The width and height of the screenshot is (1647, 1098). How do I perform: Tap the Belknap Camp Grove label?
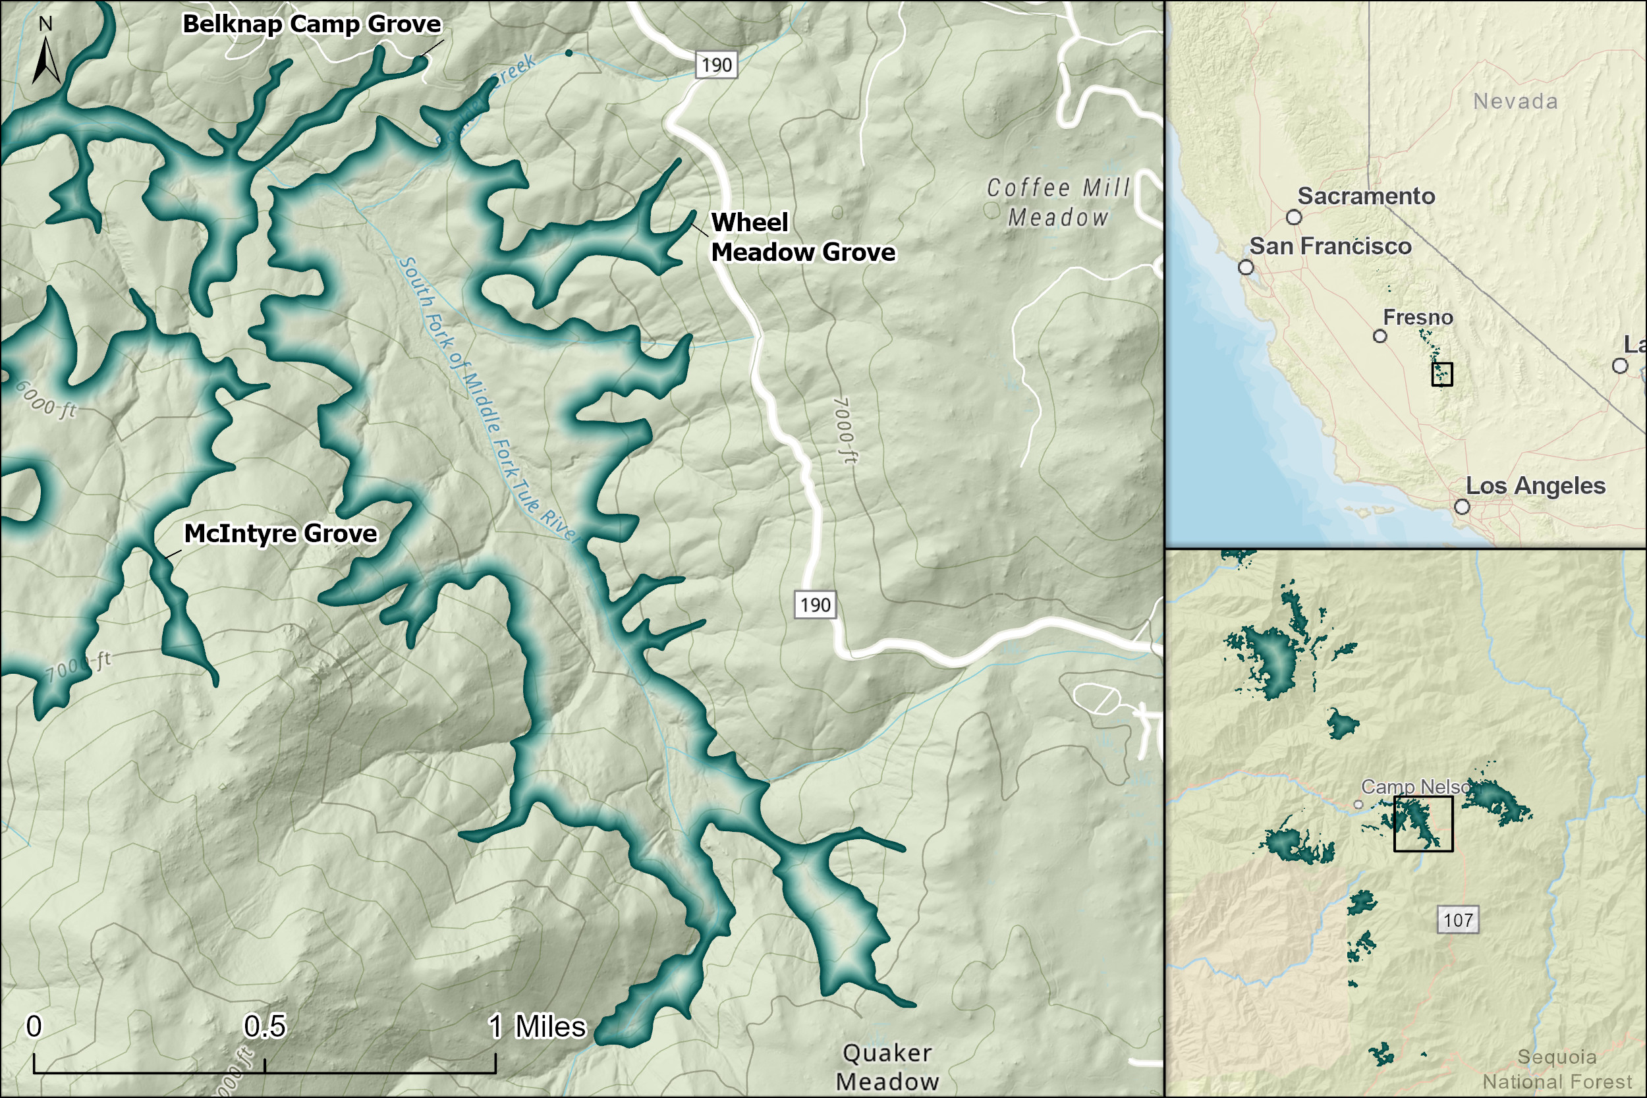pyautogui.click(x=312, y=24)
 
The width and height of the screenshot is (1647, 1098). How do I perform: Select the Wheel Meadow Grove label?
pyautogui.click(x=802, y=237)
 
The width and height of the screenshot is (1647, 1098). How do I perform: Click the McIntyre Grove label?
pyautogui.click(x=280, y=534)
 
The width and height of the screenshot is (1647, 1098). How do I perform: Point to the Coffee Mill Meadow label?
pyautogui.click(x=1058, y=202)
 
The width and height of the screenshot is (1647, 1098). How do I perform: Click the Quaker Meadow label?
pyautogui.click(x=887, y=1067)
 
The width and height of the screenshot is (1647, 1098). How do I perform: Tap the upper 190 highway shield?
pyautogui.click(x=716, y=65)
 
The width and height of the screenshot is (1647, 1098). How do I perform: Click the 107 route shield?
pyautogui.click(x=1458, y=920)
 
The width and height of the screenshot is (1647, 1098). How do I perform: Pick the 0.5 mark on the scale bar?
pyautogui.click(x=265, y=1027)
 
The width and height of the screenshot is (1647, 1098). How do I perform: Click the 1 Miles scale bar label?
pyautogui.click(x=536, y=1027)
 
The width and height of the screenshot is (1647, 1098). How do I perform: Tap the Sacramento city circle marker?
pyautogui.click(x=1294, y=217)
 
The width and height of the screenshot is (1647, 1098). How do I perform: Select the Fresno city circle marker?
pyautogui.click(x=1380, y=336)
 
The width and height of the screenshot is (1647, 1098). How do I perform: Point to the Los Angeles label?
pyautogui.click(x=1535, y=486)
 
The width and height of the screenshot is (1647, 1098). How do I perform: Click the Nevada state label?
pyautogui.click(x=1515, y=101)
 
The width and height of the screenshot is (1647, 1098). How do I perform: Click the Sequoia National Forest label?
pyautogui.click(x=1557, y=1069)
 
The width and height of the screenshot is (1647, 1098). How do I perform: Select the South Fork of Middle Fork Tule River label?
pyautogui.click(x=487, y=399)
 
